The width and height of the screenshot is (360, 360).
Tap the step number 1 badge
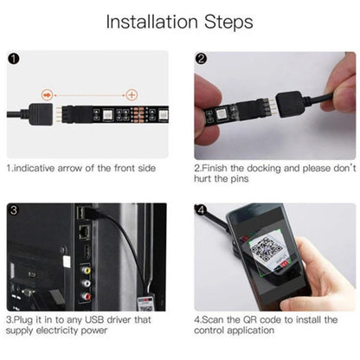pos(12,59)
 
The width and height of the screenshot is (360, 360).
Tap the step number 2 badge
pos(201,59)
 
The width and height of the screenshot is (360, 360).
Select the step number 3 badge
pos(12,210)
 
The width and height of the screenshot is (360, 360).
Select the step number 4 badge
pos(201,210)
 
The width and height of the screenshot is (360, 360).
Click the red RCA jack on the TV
pos(86,295)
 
